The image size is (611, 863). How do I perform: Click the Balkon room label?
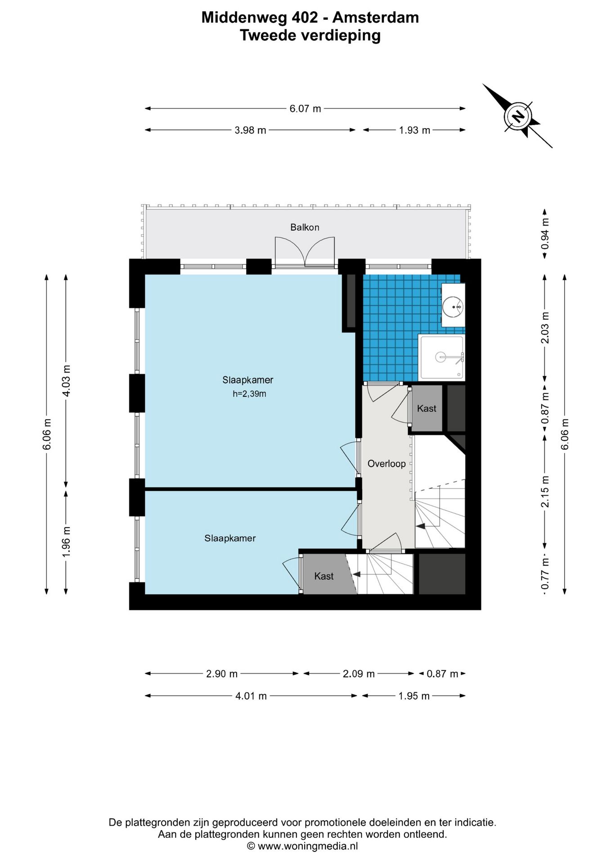click(x=305, y=227)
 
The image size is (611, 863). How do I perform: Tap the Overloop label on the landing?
click(x=386, y=464)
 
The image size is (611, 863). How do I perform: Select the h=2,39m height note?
click(x=249, y=394)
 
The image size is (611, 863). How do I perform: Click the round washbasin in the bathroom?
click(x=452, y=307)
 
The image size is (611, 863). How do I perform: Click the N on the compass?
click(x=519, y=116)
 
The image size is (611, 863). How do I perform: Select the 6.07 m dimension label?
click(x=305, y=109)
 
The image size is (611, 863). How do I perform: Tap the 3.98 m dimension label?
click(x=250, y=130)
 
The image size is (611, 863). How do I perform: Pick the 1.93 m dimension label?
click(x=414, y=130)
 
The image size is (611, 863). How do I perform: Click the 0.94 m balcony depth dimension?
click(x=545, y=234)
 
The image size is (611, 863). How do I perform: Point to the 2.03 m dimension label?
click(x=545, y=328)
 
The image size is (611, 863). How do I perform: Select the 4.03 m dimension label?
click(x=66, y=381)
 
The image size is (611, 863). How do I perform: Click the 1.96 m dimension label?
click(x=66, y=542)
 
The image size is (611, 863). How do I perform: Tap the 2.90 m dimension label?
click(x=222, y=674)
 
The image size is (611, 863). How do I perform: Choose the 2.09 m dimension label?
click(x=359, y=674)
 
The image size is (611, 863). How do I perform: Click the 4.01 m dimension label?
click(x=251, y=696)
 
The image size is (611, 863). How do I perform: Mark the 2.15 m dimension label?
click(x=545, y=492)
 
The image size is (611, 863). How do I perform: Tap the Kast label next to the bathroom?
click(x=427, y=409)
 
